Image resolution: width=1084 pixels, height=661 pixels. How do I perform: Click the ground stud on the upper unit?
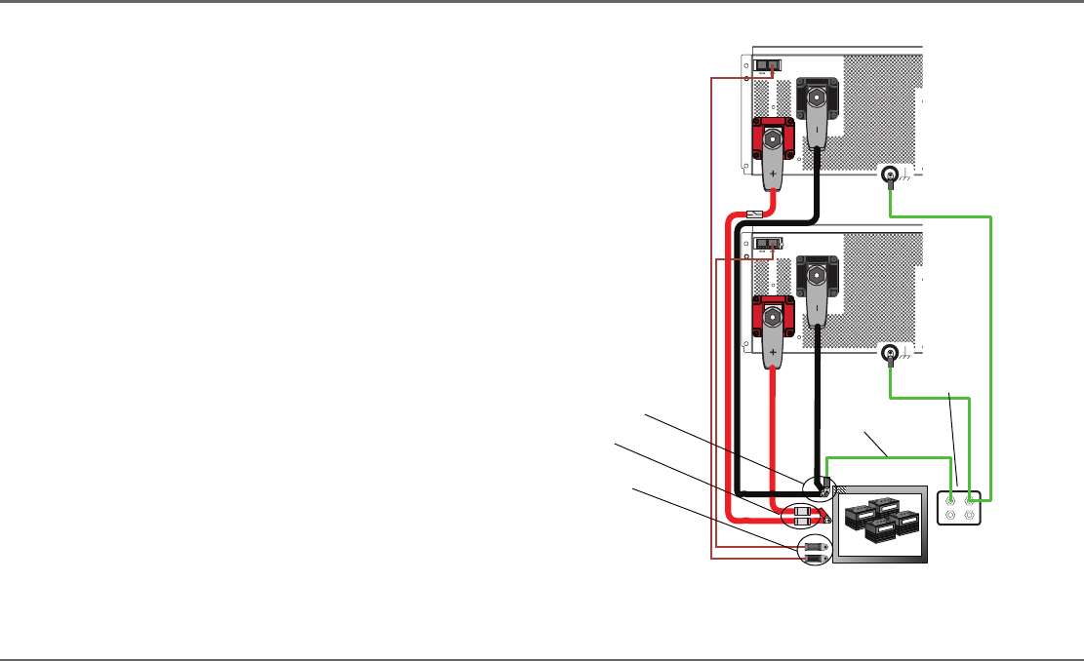890,176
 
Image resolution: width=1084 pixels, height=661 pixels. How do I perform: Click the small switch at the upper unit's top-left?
770,67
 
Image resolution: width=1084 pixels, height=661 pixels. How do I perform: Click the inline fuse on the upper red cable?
753,214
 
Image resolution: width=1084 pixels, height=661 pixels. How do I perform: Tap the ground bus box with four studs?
959,508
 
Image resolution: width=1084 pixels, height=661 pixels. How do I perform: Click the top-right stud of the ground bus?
970,500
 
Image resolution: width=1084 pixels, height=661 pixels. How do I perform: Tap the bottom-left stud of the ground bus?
948,517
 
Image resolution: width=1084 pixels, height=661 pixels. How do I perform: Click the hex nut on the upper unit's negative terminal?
817,97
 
